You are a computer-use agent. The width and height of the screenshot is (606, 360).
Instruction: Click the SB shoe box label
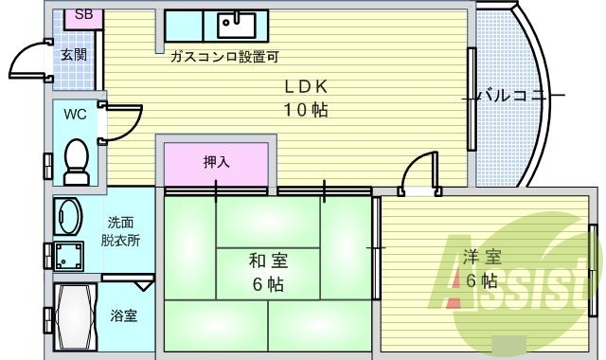pyautogui.click(x=83, y=17)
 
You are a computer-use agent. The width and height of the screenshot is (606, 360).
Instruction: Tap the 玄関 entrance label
pyautogui.click(x=74, y=54)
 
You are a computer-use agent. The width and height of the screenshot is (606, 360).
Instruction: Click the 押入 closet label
pyautogui.click(x=217, y=162)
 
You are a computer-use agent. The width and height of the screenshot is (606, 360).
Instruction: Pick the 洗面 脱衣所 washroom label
pyautogui.click(x=121, y=231)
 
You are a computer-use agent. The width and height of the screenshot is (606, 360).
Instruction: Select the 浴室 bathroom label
pyautogui.click(x=123, y=315)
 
